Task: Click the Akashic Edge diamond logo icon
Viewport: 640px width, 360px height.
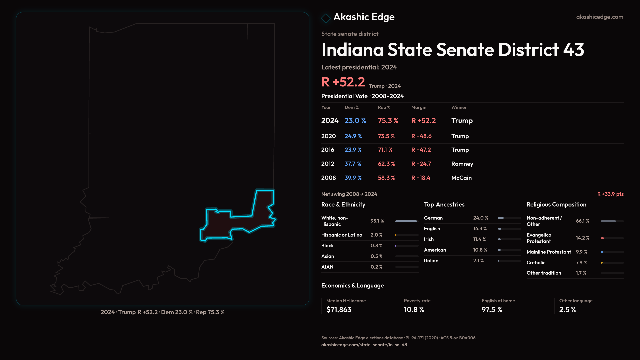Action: [x=326, y=18]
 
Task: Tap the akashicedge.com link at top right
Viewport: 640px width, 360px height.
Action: [x=600, y=17]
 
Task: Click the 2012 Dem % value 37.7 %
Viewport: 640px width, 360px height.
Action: [x=353, y=164]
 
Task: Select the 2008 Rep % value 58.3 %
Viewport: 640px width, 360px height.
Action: [x=386, y=178]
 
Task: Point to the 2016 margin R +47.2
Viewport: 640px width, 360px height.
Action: [x=421, y=150]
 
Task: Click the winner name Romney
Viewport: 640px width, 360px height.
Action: [x=462, y=164]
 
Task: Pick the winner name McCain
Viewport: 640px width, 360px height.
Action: [x=461, y=178]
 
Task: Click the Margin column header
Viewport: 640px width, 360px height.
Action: [x=419, y=107]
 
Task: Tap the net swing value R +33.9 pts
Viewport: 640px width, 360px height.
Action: [x=610, y=194]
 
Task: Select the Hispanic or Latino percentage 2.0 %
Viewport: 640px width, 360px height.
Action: [x=376, y=235]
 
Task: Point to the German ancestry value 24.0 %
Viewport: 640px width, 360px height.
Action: [x=480, y=218]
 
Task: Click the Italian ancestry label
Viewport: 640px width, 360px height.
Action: [x=431, y=261]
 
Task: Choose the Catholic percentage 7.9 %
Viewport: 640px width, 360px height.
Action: [x=581, y=263]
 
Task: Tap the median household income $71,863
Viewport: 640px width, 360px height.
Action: [x=339, y=310]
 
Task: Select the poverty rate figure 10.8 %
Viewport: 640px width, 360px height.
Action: [x=414, y=310]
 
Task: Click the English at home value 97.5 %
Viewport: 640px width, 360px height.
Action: [x=492, y=310]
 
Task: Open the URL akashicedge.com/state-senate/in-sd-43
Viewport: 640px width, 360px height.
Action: [x=364, y=345]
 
